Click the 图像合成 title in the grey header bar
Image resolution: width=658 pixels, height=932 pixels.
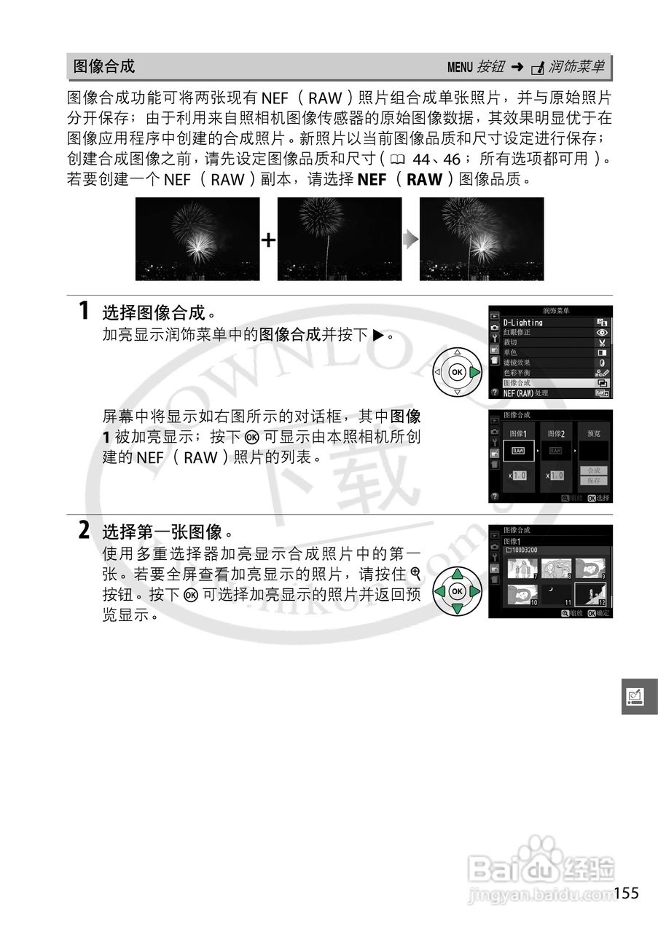point(104,67)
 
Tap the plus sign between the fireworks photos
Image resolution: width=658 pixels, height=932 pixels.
point(269,240)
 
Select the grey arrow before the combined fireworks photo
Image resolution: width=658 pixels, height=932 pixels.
point(412,240)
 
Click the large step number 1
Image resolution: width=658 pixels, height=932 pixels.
point(85,311)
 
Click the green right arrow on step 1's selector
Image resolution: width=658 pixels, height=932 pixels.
point(474,372)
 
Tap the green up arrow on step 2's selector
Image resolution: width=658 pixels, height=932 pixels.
point(457,573)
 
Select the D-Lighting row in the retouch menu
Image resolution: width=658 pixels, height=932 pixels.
point(523,322)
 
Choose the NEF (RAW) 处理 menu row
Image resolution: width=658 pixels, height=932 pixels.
point(526,393)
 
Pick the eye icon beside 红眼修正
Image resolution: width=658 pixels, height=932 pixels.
point(602,332)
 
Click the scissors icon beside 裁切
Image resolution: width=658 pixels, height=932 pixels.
point(602,342)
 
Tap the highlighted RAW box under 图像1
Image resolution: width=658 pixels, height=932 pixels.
point(519,451)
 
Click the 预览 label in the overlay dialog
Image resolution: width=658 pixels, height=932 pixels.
point(593,433)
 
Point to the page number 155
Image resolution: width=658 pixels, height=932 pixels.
point(626,893)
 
